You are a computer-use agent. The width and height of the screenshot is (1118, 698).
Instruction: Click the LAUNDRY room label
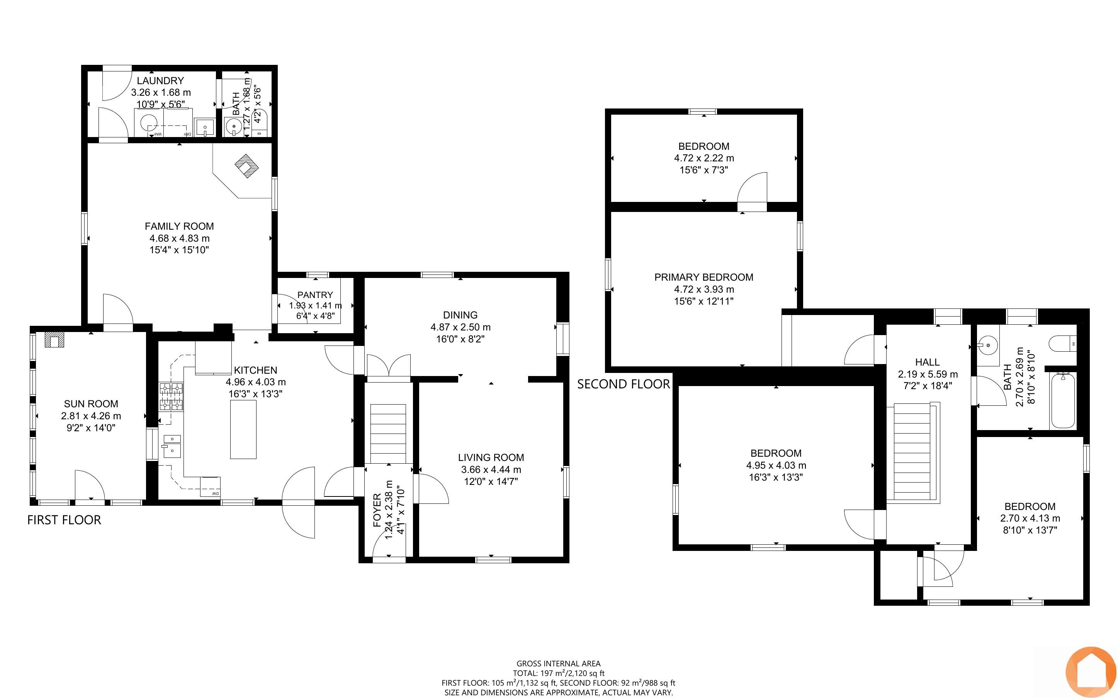160,81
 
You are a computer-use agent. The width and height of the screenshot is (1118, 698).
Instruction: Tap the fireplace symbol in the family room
246,166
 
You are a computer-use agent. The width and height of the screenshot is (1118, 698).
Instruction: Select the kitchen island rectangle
243,429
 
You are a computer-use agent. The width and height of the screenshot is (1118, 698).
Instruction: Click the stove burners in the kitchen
171,396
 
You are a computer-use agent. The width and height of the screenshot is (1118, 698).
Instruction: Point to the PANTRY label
315,295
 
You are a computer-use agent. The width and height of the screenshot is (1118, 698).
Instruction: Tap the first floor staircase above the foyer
388,434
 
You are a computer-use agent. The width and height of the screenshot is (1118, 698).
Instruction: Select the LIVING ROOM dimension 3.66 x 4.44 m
491,470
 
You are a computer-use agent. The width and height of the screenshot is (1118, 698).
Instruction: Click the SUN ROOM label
91,404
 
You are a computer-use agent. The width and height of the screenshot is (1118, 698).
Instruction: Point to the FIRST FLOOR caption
64,520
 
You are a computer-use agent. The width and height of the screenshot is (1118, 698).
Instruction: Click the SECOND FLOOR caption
624,384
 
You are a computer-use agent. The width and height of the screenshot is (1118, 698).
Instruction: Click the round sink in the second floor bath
988,345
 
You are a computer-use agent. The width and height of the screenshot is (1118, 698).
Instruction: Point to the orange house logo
1090,672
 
